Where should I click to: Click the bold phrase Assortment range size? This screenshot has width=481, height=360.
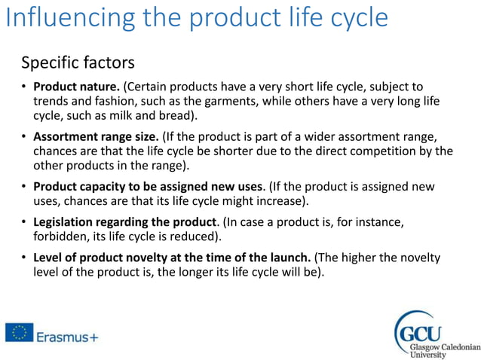pyautogui.click(x=96, y=136)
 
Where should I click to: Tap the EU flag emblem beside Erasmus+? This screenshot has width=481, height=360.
pyautogui.click(x=18, y=332)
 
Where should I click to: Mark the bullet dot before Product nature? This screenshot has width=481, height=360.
pyautogui.click(x=24, y=87)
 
